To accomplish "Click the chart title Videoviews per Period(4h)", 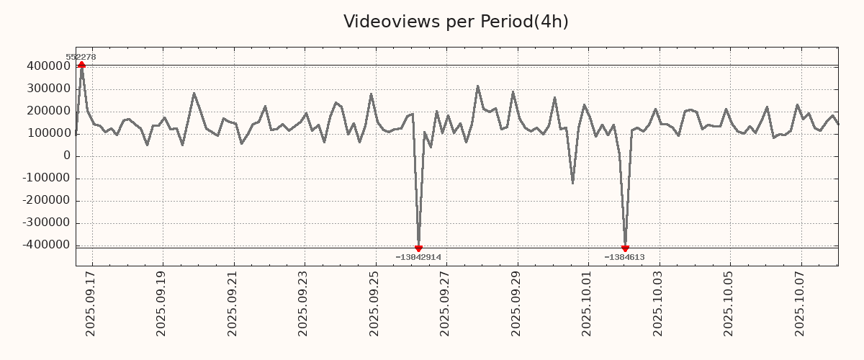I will (456, 22).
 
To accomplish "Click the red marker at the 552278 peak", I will (81, 65).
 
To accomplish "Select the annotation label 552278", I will (81, 57).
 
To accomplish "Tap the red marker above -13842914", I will (418, 248).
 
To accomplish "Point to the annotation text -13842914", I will (418, 257).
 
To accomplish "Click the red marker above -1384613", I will (625, 248).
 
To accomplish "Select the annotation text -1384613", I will (624, 257).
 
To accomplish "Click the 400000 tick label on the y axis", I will (48, 66).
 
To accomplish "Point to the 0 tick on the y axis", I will (67, 156).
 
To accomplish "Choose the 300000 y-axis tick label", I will (48, 89).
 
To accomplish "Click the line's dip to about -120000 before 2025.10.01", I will (572, 183).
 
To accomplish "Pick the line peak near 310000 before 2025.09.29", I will (477, 86).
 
